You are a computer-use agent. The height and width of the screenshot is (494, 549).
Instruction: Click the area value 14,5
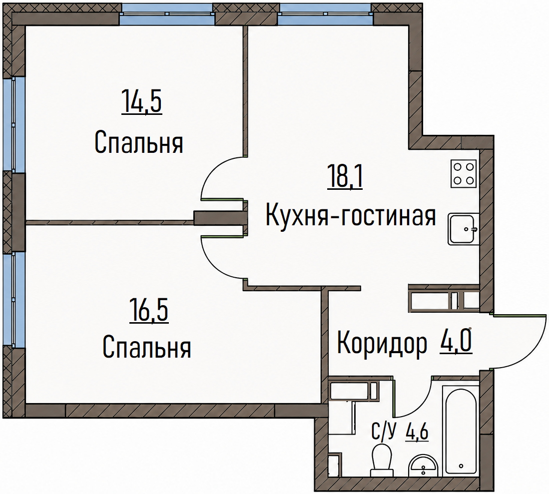pos(141,101)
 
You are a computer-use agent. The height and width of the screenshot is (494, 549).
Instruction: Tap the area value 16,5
pos(149,310)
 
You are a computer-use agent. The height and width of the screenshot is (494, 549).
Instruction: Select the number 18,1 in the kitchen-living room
pos(345,177)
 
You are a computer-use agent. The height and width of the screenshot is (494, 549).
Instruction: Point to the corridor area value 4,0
pos(455,340)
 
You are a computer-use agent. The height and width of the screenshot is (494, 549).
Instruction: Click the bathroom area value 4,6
pos(417,433)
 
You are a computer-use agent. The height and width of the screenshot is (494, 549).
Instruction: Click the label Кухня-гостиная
pos(351,216)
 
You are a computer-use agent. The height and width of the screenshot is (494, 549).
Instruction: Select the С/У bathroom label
pos(383,433)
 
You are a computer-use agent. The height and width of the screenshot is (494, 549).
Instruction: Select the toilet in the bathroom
pos(382,460)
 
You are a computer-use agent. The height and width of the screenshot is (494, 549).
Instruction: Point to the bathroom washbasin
pos(423,466)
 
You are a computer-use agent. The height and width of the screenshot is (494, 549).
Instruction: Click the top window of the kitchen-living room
pos(325,14)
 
